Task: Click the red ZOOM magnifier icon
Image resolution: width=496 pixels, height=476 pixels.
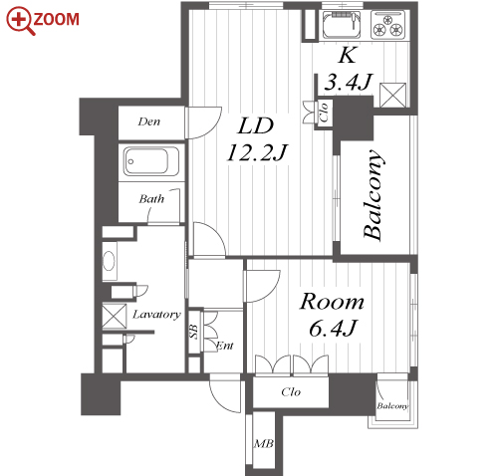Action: pos(21,21)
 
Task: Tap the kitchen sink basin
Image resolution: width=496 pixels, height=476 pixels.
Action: pos(342,25)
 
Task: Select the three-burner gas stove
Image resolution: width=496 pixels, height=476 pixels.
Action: pos(388,24)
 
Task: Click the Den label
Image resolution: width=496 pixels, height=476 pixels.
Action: pos(149,121)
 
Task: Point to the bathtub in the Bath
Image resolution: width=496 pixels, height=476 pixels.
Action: pos(151,161)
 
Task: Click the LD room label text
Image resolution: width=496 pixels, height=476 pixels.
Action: pos(255,125)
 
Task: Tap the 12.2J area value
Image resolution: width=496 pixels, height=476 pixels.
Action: pos(256,152)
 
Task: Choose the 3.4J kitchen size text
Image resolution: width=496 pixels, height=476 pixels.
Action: pos(349,82)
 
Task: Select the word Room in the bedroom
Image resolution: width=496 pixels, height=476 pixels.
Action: pos(332,302)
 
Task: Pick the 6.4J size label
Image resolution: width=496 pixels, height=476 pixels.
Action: pos(333,328)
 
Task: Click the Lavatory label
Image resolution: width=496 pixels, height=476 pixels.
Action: pos(156,315)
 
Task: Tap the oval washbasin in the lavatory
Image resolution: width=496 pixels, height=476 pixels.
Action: pos(110,261)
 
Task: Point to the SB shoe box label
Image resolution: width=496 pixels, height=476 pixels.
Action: pos(194,332)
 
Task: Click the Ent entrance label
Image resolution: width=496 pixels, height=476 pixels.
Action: pos(225,346)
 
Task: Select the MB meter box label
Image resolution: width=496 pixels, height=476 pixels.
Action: pos(264,443)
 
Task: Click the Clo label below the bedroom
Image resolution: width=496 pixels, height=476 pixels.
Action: pos(291,392)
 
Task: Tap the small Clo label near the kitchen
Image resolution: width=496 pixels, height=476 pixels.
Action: pos(324,112)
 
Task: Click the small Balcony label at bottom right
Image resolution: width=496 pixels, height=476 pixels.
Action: pos(392,405)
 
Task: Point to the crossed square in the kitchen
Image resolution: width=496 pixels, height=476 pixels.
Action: pos(393,96)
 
